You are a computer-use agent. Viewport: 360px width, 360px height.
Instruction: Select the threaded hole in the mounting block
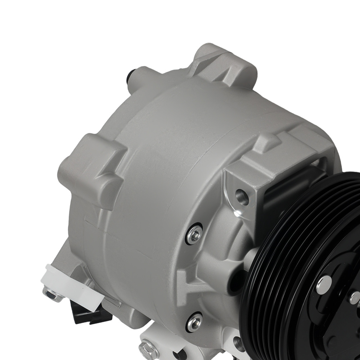click(x=242, y=197)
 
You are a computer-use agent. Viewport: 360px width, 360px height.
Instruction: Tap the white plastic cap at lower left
click(x=70, y=284)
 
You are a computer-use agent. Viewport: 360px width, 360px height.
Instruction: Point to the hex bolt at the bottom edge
click(x=149, y=350)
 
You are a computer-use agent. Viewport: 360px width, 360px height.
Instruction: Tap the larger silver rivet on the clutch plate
click(x=324, y=285)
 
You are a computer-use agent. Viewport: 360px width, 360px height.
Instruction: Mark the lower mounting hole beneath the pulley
click(x=238, y=344)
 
